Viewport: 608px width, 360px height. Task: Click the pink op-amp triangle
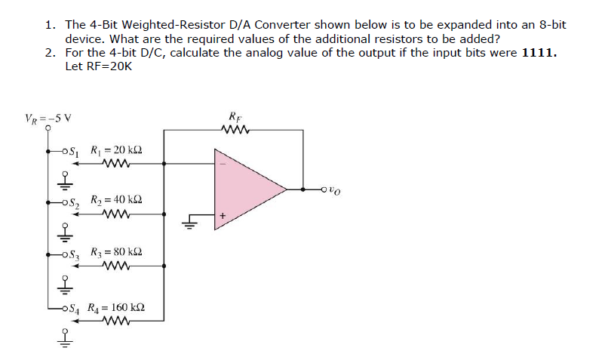(245, 188)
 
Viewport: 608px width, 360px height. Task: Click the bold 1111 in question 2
(539, 54)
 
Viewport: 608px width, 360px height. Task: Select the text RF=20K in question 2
(99, 67)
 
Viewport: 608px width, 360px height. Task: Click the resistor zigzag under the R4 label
(118, 320)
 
